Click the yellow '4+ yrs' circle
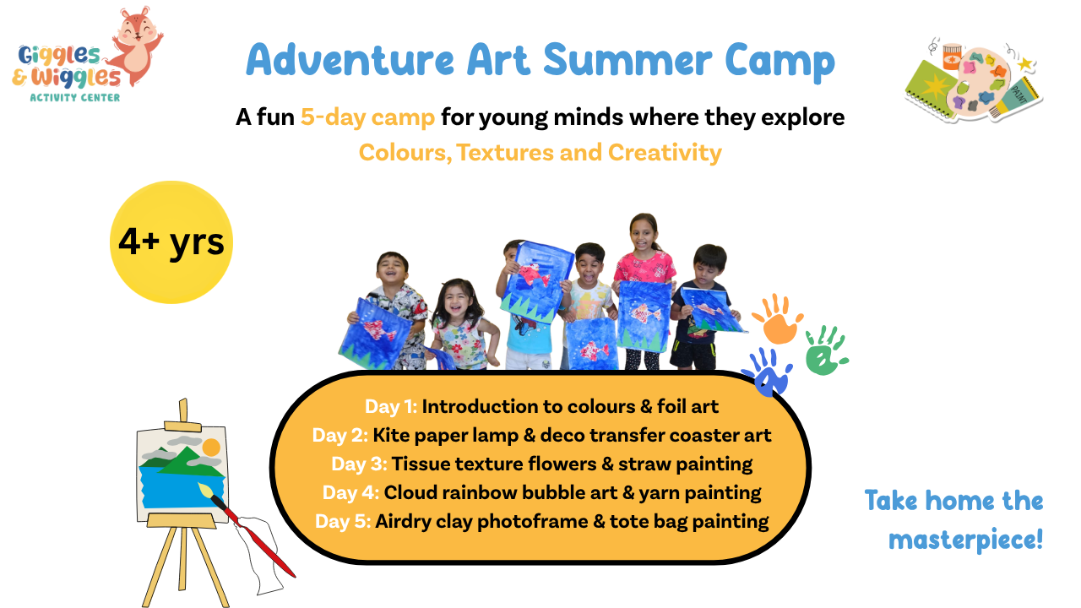coord(171,242)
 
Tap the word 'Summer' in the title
coord(627,60)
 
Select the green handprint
coord(825,350)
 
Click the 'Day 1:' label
coord(390,407)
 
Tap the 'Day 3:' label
coord(359,464)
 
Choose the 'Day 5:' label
coord(343,522)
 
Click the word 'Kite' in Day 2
coord(391,435)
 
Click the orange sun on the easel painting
coord(211,448)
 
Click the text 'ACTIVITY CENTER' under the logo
coord(75,97)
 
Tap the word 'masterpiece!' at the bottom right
coord(965,540)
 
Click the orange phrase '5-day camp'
coord(367,117)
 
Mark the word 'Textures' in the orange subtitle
coord(504,153)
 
